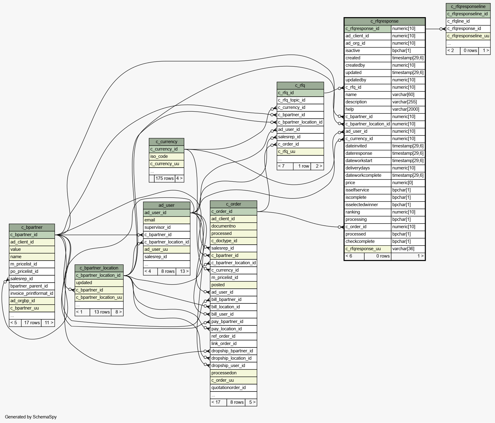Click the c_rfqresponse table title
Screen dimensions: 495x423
(384, 21)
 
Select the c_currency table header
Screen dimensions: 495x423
(167, 142)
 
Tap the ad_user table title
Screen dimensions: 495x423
(167, 205)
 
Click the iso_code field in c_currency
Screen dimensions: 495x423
(167, 156)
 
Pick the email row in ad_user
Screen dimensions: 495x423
(167, 220)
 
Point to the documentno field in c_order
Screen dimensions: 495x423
(233, 226)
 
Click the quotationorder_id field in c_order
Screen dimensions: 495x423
(233, 388)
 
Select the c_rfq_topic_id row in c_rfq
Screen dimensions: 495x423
(300, 100)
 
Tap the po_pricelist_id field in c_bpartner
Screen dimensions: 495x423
(32, 271)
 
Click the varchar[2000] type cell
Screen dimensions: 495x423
(408, 109)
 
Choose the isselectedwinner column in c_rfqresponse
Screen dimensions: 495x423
(368, 205)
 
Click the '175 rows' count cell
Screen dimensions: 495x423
(165, 178)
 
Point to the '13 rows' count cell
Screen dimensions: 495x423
(102, 312)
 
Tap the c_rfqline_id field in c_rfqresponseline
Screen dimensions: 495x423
(468, 21)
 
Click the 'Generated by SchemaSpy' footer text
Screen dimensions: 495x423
(31, 417)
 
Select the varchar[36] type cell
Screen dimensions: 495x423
(408, 249)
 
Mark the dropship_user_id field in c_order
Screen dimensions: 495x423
(233, 365)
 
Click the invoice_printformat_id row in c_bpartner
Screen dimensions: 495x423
(32, 293)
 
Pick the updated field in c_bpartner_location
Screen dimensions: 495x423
(99, 283)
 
